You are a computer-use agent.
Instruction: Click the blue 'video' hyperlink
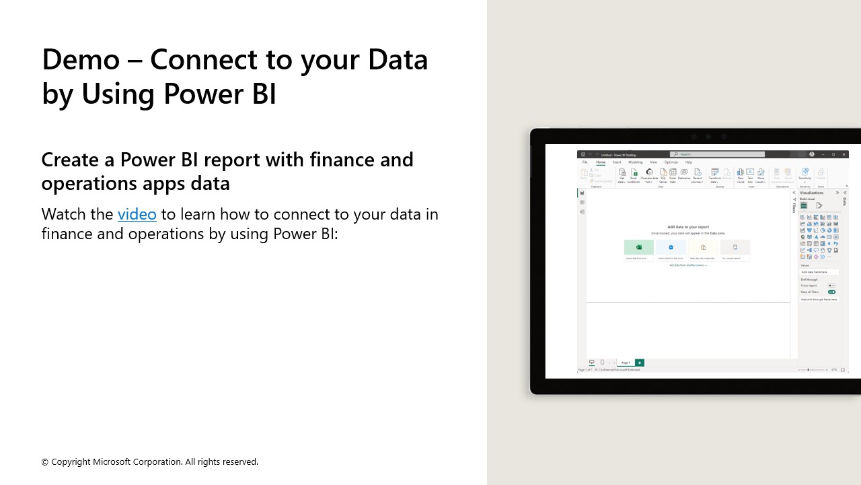coord(137,214)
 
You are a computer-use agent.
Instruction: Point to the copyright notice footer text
coord(149,462)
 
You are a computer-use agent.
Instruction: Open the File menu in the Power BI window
coord(585,162)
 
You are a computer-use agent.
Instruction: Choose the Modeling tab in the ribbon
coord(635,162)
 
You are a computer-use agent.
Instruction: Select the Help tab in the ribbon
coord(688,162)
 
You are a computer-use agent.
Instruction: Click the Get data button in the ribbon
coord(622,176)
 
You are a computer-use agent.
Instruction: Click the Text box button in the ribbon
coord(750,176)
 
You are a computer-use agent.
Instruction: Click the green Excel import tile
coord(638,247)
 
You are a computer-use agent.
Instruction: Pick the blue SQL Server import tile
coord(671,247)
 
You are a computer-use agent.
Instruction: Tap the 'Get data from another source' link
coord(687,265)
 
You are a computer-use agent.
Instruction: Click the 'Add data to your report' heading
coord(687,227)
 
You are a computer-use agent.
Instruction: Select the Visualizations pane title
coord(812,193)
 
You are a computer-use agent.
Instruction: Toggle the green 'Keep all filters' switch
coord(831,292)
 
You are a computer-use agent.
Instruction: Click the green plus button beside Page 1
coord(639,362)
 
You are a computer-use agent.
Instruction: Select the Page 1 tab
coord(626,362)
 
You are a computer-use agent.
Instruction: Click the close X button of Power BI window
coord(844,154)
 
